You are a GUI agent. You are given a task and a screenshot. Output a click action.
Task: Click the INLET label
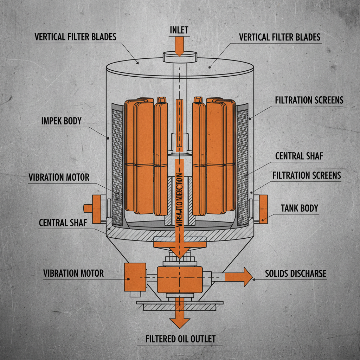(x=179, y=30)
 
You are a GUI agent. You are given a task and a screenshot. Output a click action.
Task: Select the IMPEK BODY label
(x=61, y=121)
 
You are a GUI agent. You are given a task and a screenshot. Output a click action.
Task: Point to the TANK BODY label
(x=299, y=208)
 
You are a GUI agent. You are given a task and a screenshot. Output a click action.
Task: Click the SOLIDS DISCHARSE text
(x=295, y=274)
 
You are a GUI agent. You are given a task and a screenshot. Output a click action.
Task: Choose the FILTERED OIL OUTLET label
(x=180, y=339)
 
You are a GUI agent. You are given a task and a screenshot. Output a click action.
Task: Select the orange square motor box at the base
(x=135, y=277)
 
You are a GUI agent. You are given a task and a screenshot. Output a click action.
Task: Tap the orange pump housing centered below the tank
(x=179, y=279)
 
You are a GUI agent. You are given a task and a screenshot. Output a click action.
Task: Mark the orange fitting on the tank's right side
(x=263, y=210)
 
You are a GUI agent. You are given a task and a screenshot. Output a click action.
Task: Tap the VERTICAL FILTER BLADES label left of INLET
(x=75, y=37)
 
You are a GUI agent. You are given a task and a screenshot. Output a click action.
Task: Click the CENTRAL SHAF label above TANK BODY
(x=299, y=156)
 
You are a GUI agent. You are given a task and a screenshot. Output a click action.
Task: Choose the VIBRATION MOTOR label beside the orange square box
(x=73, y=273)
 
